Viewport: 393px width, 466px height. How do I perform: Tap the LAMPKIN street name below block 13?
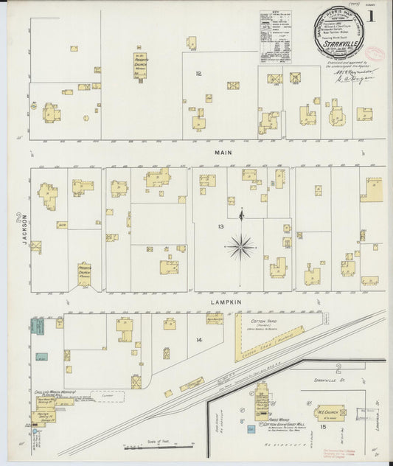click(x=211, y=301)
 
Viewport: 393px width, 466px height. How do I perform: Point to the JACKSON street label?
click(x=24, y=230)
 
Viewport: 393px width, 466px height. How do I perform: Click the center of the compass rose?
click(x=241, y=246)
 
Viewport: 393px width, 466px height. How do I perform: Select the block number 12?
click(x=198, y=74)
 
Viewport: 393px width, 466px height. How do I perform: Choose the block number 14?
click(x=198, y=339)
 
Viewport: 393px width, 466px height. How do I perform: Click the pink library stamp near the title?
click(x=378, y=53)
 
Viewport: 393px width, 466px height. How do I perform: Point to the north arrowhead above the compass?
click(x=241, y=213)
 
